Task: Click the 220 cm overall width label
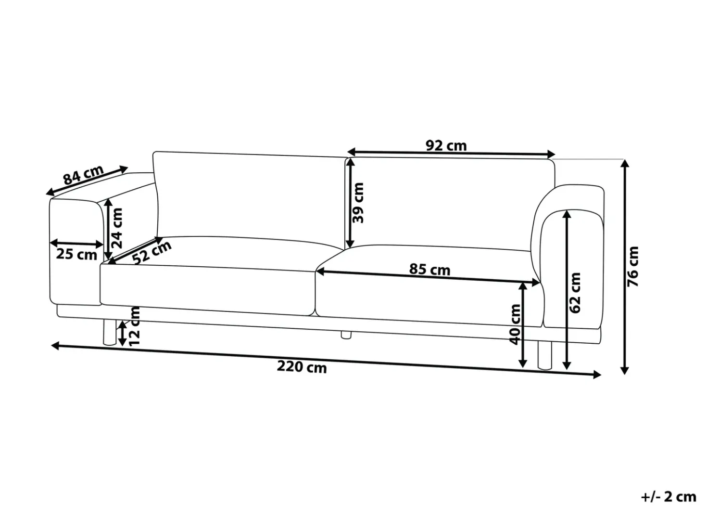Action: click(302, 367)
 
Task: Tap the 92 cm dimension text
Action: click(446, 146)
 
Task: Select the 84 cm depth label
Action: click(83, 175)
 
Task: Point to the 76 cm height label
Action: click(633, 267)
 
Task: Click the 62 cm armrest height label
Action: click(575, 293)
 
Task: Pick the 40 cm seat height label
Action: click(516, 324)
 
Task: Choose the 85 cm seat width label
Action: click(429, 270)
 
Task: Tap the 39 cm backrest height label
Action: click(358, 203)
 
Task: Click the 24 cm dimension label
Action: click(117, 228)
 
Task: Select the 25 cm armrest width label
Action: click(76, 255)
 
